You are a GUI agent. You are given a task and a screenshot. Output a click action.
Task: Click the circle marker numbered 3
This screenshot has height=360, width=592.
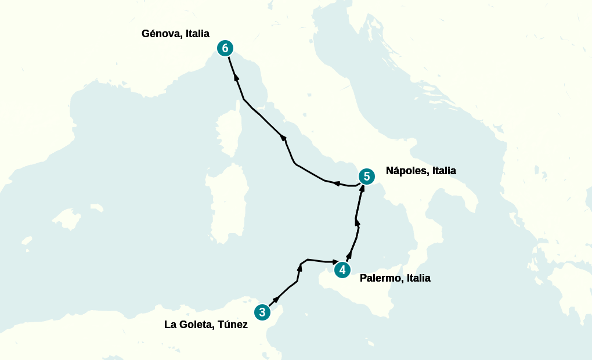click(x=262, y=312)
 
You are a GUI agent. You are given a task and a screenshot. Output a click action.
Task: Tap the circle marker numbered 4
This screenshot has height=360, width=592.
click(x=342, y=270)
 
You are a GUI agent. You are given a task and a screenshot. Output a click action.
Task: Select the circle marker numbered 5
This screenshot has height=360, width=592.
click(x=366, y=177)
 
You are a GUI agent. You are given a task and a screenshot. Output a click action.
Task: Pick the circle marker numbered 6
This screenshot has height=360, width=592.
click(x=225, y=48)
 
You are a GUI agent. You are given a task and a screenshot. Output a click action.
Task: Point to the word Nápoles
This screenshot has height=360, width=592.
click(x=407, y=171)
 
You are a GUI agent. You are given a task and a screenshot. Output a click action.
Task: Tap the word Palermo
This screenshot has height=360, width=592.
click(x=381, y=278)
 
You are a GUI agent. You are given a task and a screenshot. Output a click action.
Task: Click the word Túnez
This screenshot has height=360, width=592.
click(x=233, y=325)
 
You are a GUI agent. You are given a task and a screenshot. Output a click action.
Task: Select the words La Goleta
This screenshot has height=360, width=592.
click(x=189, y=325)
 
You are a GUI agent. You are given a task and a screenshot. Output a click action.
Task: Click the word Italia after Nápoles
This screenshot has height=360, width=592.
click(x=444, y=171)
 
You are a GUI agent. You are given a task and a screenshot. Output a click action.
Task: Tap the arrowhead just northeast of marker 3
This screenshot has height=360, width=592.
click(x=276, y=298)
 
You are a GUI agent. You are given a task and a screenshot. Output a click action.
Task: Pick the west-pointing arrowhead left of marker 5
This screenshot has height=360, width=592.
click(x=337, y=183)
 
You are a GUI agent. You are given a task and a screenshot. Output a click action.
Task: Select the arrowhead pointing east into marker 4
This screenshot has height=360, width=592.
click(x=335, y=262)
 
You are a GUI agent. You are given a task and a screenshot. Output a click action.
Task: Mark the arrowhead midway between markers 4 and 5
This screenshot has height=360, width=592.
click(x=357, y=222)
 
